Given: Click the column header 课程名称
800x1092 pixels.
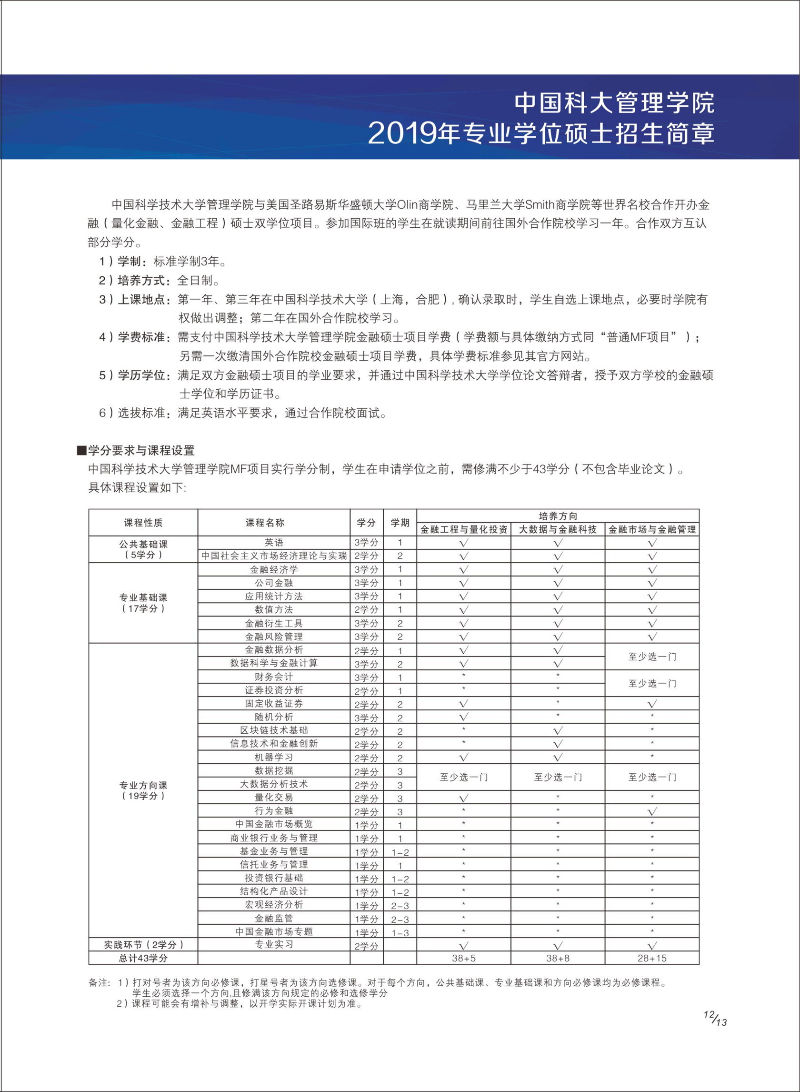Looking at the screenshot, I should [x=264, y=523].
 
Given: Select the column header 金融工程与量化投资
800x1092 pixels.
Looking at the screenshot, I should [x=463, y=529].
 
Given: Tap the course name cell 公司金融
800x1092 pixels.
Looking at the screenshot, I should [x=274, y=583].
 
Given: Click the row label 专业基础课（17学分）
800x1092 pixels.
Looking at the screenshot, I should [x=143, y=603].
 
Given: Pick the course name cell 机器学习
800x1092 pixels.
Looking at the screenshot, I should [x=274, y=757].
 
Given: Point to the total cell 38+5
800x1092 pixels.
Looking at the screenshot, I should [x=463, y=958].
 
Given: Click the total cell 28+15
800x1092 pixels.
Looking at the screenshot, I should [x=652, y=958].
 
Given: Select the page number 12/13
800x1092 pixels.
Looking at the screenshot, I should [x=715, y=1018].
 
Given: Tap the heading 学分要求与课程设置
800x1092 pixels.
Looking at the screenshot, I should [x=141, y=451].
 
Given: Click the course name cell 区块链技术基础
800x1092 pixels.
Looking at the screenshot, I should [x=274, y=730].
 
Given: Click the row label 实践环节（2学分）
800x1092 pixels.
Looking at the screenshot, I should [x=143, y=945].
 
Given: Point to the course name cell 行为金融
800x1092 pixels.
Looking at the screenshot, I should [x=274, y=810].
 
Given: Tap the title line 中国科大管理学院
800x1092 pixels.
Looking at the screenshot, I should [x=614, y=103].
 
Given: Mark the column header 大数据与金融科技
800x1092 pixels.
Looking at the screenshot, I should [x=558, y=529].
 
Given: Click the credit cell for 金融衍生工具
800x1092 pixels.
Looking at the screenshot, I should [x=366, y=624].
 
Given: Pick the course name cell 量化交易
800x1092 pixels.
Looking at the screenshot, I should [x=274, y=798].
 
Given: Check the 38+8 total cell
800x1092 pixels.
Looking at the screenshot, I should [x=558, y=958].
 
